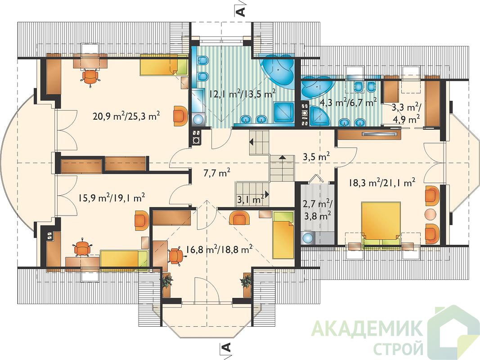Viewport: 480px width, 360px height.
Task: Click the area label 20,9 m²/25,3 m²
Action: tap(126, 116)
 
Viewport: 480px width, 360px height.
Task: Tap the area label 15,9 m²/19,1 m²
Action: tap(112, 198)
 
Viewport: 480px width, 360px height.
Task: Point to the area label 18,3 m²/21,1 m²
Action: tap(382, 182)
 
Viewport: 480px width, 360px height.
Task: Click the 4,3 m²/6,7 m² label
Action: tap(348, 102)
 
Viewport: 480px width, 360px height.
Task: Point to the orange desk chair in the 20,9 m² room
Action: tap(90, 76)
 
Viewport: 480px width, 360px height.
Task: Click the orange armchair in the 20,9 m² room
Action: tap(179, 115)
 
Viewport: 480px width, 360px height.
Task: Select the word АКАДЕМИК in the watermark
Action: tap(368, 328)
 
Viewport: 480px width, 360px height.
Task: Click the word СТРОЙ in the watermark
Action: tap(399, 348)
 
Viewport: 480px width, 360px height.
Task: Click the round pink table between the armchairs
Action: tap(431, 213)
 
